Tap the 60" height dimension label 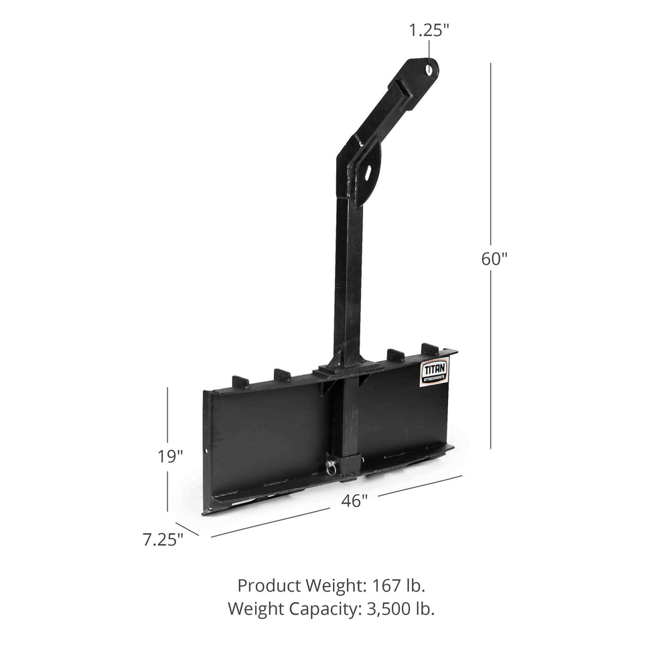pyautogui.click(x=494, y=259)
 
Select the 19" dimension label pyautogui.click(x=170, y=457)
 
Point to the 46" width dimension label pyautogui.click(x=354, y=500)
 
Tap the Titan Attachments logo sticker pyautogui.click(x=434, y=372)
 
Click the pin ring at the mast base pyautogui.click(x=330, y=467)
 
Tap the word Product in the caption pyautogui.click(x=267, y=585)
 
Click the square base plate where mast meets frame pyautogui.click(x=343, y=368)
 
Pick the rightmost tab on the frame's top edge pyautogui.click(x=430, y=349)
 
